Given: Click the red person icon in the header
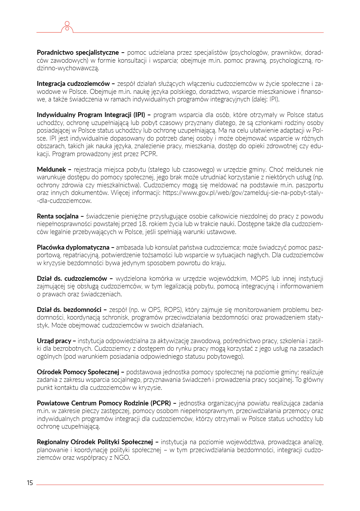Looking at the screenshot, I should [67, 27].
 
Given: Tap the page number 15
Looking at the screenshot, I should [30, 483].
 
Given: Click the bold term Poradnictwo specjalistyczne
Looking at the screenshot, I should [78, 53].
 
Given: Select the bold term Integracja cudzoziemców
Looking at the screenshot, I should [73, 84].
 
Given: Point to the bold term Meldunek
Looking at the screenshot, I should [51, 169].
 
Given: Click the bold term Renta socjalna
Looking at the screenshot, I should [58, 216].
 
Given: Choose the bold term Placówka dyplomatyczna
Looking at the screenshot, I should [73, 247].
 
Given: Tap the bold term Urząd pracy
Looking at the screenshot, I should [54, 341].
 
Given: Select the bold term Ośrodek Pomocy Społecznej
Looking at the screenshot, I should [78, 372].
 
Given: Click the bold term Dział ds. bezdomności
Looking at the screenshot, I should [69, 310].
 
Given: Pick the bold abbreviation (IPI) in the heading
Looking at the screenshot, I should [139, 115].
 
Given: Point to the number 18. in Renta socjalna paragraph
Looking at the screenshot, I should [143, 224].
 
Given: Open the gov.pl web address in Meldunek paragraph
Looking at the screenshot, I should [243, 193].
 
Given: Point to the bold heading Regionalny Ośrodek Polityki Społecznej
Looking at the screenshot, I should [95, 442].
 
